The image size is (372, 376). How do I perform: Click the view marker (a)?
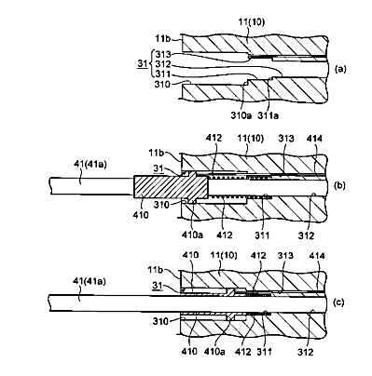(339, 69)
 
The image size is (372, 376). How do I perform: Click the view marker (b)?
(339, 185)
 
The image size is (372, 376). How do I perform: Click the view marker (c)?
(338, 302)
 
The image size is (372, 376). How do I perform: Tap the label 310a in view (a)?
(241, 115)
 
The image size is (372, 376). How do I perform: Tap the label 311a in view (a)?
(269, 115)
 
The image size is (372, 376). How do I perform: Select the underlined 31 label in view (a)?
(143, 64)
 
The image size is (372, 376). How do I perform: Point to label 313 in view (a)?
(163, 54)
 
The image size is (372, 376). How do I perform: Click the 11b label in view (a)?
(163, 39)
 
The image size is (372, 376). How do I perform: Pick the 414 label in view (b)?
(314, 139)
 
